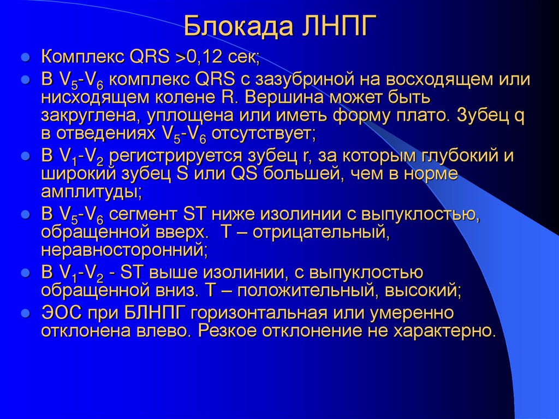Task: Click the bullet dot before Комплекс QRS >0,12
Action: tap(25, 57)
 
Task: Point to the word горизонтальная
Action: tap(259, 312)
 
